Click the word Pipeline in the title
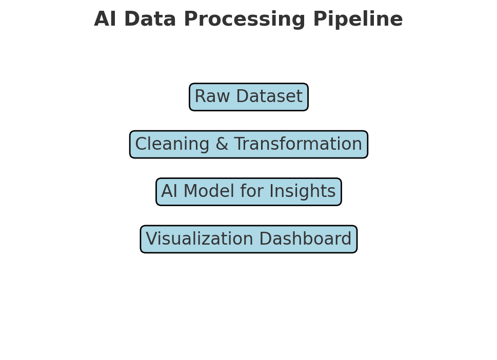click(357, 20)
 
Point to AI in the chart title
click(106, 20)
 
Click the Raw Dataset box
click(248, 97)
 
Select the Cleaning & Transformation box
click(248, 145)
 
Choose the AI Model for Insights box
click(248, 192)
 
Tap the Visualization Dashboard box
click(248, 239)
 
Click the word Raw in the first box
click(209, 97)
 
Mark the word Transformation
click(291, 145)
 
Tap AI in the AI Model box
click(169, 192)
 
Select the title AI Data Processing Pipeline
click(248, 20)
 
